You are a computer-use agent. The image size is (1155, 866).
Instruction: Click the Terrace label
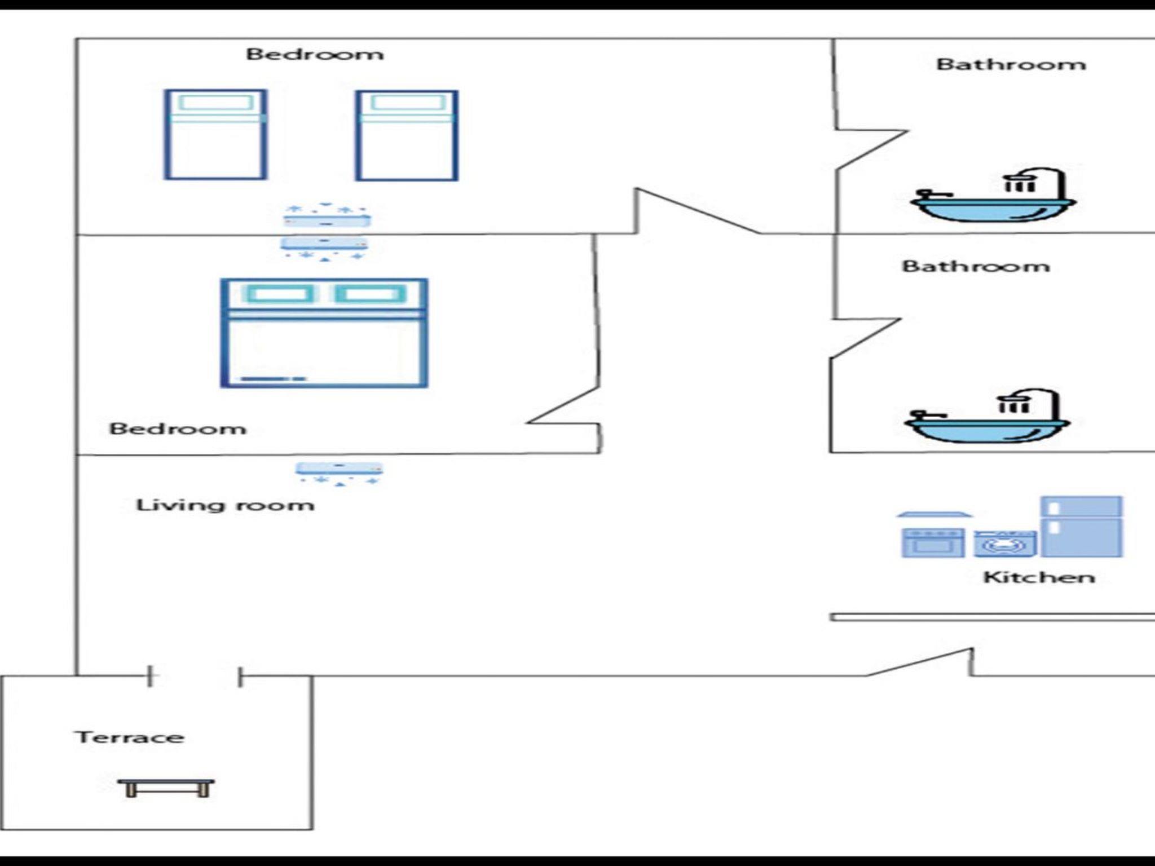129,737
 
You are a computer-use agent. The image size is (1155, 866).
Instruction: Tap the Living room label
224,505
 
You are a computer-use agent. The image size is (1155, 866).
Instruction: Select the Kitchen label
1039,577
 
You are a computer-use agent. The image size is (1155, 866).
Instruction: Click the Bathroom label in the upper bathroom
1011,64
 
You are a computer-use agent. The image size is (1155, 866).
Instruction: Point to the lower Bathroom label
976,266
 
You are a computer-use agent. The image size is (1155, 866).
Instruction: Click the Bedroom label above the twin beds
315,54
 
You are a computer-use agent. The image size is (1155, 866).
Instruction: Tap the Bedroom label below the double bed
178,429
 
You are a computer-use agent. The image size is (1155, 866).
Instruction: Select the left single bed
215,135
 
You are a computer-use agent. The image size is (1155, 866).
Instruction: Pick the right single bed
407,135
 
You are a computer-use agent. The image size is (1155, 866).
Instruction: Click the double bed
324,333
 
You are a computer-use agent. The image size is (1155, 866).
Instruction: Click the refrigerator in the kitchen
1081,527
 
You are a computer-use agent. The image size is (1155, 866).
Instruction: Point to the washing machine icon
1005,544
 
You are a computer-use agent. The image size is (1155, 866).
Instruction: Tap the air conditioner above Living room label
340,472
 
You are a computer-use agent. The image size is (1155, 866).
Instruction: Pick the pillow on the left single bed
215,103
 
